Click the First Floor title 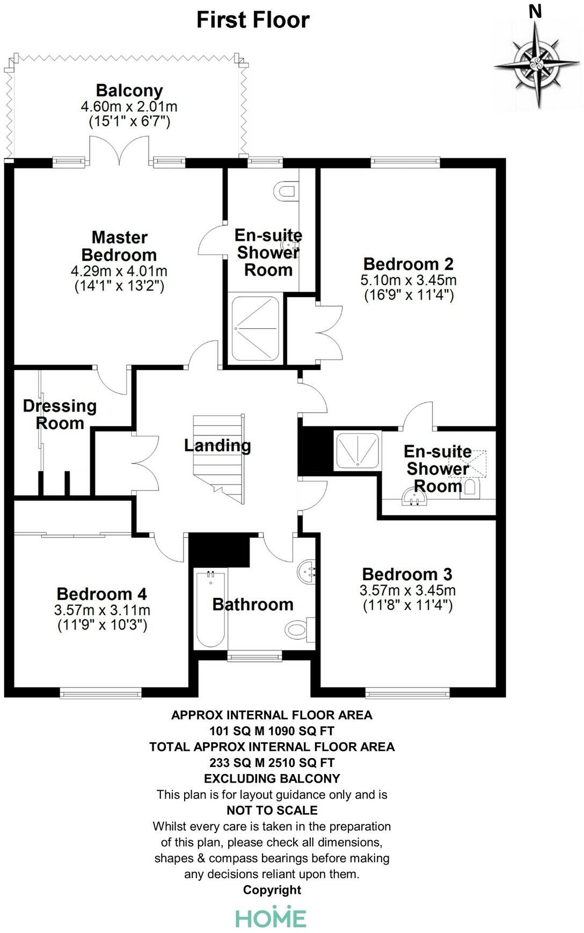[x=253, y=20]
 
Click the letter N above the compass [x=535, y=11]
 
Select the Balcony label [x=129, y=90]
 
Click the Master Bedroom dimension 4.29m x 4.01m [x=119, y=271]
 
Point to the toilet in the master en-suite [x=284, y=191]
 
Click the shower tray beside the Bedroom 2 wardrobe [x=255, y=329]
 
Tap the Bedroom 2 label [x=408, y=264]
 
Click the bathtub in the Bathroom [x=210, y=609]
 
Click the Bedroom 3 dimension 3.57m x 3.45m [x=407, y=590]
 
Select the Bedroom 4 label [x=101, y=594]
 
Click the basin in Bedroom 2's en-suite [x=413, y=498]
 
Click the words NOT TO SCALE [x=272, y=810]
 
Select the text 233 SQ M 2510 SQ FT [x=272, y=762]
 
